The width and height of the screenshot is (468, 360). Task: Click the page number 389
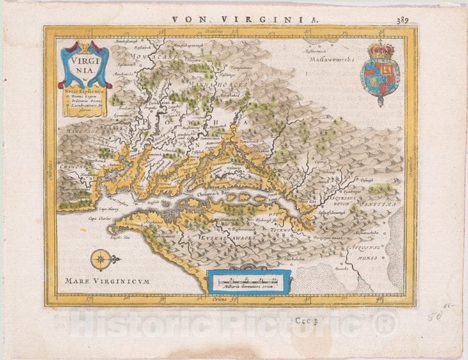click(401, 20)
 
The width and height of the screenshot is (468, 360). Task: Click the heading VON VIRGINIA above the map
click(246, 19)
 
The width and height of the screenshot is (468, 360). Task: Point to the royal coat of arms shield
click(379, 77)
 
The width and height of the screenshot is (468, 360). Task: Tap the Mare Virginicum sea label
click(108, 281)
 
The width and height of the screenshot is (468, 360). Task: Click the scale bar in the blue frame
click(248, 281)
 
